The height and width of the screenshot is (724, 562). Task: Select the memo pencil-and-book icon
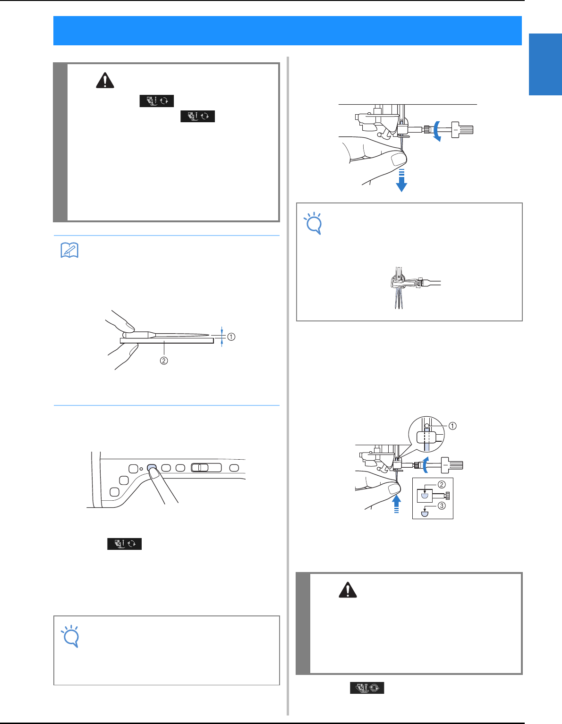click(x=69, y=250)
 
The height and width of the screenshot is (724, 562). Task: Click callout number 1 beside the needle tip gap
click(x=231, y=337)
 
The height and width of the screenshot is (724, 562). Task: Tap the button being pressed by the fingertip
click(x=152, y=467)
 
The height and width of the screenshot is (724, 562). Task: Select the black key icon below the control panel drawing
click(x=124, y=543)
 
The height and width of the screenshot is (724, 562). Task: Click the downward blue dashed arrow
click(x=401, y=180)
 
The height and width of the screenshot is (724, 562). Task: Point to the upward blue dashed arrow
click(x=397, y=503)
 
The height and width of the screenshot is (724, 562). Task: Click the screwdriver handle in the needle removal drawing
click(x=463, y=130)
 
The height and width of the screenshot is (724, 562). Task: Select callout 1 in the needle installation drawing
click(x=452, y=426)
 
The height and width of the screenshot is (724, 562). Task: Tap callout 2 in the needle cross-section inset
click(x=442, y=485)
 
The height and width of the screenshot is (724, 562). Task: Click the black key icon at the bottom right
click(x=367, y=688)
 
